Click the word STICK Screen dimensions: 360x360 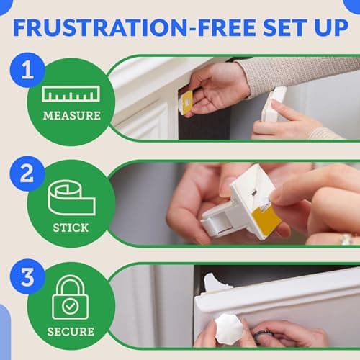coord(71,228)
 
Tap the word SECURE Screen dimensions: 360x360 coord(71,332)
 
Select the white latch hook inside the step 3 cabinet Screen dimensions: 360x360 coord(217,283)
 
